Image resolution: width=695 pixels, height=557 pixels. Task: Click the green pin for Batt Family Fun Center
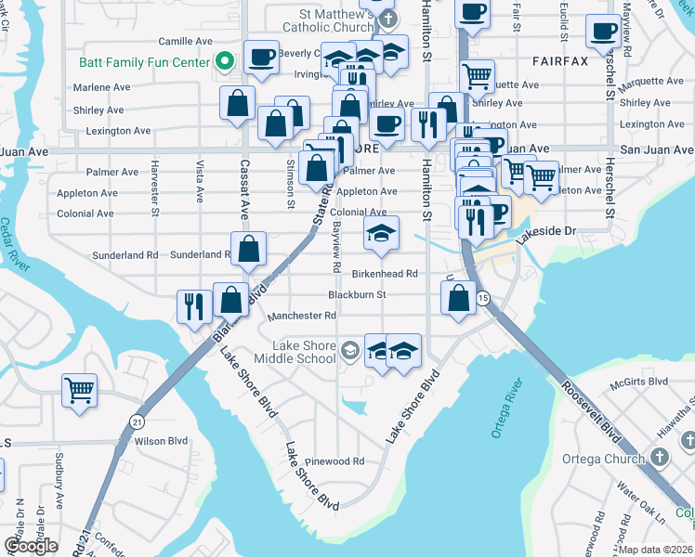tap(224, 62)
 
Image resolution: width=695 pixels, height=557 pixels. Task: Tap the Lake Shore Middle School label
tap(304, 352)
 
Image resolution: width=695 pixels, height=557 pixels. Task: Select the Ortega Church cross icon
tap(659, 458)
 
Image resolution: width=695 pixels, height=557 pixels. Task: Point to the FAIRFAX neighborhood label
tap(560, 61)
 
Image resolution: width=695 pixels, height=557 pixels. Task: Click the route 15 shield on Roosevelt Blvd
tap(483, 298)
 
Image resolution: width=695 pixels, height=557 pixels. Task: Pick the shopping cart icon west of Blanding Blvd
tap(80, 390)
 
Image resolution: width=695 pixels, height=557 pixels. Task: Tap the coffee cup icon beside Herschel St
tap(603, 32)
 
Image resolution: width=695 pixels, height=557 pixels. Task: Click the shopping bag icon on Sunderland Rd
tap(249, 249)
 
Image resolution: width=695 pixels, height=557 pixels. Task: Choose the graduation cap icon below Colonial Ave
tap(381, 234)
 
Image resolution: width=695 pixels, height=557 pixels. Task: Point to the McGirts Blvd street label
tap(638, 382)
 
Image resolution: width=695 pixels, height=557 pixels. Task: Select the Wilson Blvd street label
tap(162, 441)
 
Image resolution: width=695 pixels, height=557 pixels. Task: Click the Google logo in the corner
tap(31, 546)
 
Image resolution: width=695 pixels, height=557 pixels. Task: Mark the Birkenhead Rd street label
tap(385, 274)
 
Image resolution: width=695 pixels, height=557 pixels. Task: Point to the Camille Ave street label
tap(186, 42)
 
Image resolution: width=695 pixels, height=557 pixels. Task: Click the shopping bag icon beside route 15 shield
tap(459, 298)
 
